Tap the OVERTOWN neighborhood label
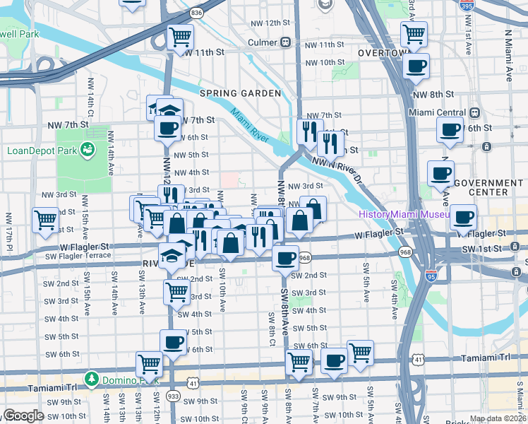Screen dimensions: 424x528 384,53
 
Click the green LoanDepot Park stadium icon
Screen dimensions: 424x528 88,149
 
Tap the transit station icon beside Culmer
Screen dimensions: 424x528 286,42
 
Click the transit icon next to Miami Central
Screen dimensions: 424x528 475,112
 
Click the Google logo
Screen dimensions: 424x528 23,416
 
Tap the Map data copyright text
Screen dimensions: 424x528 497,418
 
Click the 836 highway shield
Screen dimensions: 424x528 196,13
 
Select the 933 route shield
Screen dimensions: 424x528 172,396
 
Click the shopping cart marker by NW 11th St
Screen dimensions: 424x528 181,35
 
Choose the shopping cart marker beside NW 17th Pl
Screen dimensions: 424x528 45,219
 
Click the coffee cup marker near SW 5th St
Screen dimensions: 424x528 173,343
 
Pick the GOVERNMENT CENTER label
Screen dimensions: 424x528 487,187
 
